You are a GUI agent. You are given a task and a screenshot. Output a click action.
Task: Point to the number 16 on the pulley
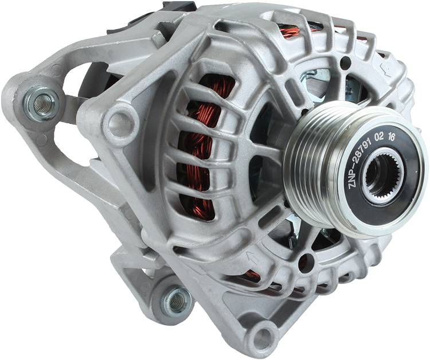tap(391, 137)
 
